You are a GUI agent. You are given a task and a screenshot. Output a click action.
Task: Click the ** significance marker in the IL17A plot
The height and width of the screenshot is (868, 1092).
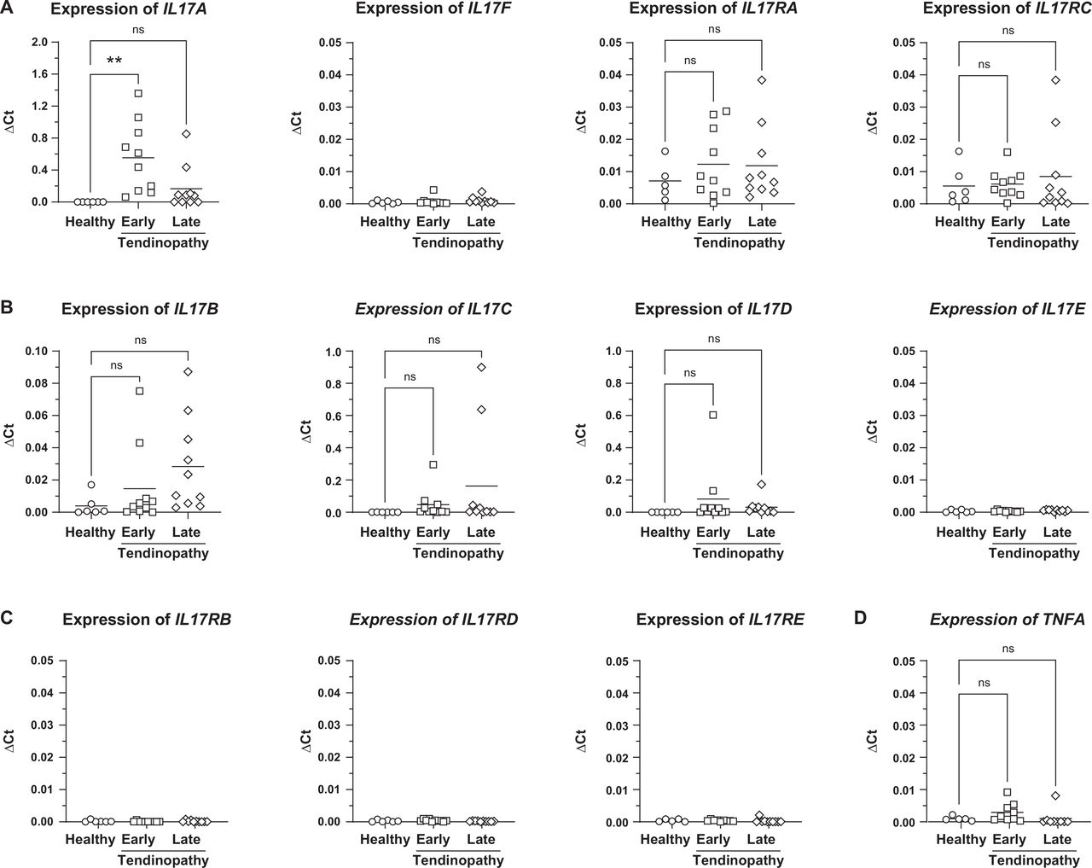pyautogui.click(x=114, y=61)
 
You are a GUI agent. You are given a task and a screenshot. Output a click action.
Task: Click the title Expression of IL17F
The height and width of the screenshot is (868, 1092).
pyautogui.click(x=433, y=9)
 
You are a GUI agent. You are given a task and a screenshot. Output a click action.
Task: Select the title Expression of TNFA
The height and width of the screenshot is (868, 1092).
pyautogui.click(x=1007, y=620)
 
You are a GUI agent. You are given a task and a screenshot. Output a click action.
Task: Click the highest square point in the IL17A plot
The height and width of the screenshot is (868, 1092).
pyautogui.click(x=138, y=93)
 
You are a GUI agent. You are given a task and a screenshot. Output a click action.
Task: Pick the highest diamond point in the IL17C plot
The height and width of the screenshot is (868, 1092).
pyautogui.click(x=482, y=367)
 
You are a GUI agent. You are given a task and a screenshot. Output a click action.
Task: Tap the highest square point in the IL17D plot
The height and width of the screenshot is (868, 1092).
pyautogui.click(x=713, y=415)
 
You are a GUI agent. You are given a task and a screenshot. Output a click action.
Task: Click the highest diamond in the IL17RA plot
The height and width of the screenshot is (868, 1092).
pyautogui.click(x=762, y=80)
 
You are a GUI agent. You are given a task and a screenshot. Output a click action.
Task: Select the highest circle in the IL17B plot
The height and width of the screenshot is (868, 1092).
pyautogui.click(x=90, y=485)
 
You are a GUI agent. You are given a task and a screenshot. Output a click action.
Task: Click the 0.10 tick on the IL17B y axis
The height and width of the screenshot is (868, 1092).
pyautogui.click(x=36, y=352)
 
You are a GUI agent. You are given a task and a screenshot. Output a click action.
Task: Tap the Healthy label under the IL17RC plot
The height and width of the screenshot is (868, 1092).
pyautogui.click(x=960, y=222)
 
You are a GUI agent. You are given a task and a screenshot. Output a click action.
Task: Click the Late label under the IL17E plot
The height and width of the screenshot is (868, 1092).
pyautogui.click(x=1056, y=533)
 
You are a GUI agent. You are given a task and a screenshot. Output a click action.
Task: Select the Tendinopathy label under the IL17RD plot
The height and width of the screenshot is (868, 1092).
pyautogui.click(x=458, y=860)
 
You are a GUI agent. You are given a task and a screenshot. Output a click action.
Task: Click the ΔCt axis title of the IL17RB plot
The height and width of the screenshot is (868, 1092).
pyautogui.click(x=10, y=741)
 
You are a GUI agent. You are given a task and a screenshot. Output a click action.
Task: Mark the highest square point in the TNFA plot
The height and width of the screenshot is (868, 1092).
pyautogui.click(x=1008, y=792)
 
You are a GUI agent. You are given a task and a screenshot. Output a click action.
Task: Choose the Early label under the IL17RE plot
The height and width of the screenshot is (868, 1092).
pyautogui.click(x=712, y=840)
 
